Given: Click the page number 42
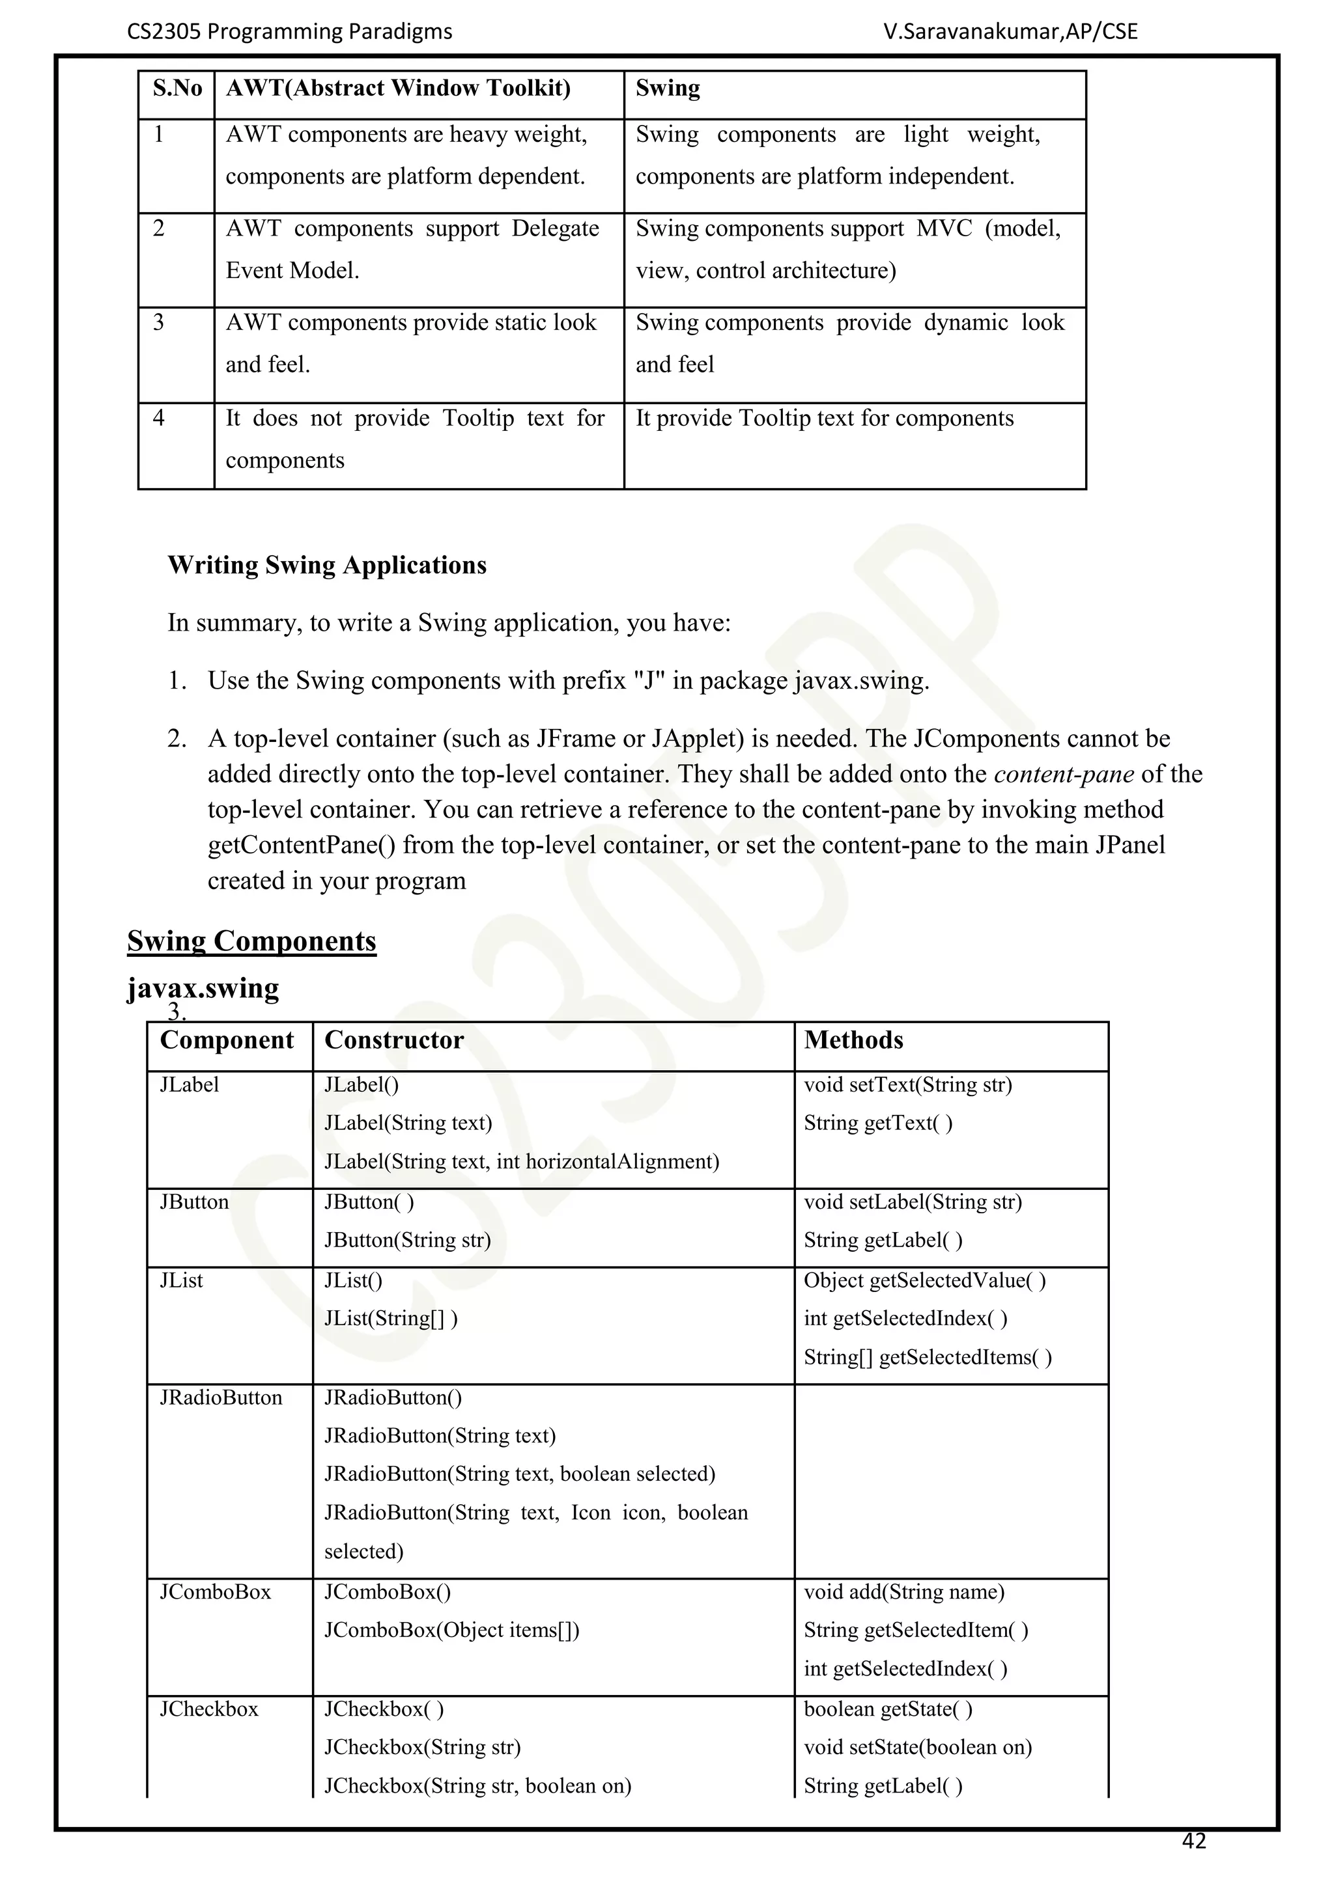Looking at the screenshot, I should pyautogui.click(x=1193, y=1841).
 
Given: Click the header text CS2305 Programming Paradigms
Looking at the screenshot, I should pyautogui.click(x=290, y=32).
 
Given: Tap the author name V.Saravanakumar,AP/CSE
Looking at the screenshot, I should pyautogui.click(x=1010, y=32).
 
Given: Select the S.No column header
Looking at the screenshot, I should pyautogui.click(x=177, y=88).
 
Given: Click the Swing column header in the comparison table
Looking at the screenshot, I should pyautogui.click(x=668, y=88).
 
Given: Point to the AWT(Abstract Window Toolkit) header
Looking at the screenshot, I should pyautogui.click(x=399, y=88).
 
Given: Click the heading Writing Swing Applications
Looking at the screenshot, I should pyautogui.click(x=327, y=566).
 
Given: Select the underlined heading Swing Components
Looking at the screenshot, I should pyautogui.click(x=251, y=941).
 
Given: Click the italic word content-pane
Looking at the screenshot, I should pyautogui.click(x=1064, y=774).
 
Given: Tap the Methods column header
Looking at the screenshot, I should pyautogui.click(x=853, y=1040).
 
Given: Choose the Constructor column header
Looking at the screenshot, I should pyautogui.click(x=394, y=1040).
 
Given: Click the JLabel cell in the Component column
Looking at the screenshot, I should pyautogui.click(x=190, y=1085).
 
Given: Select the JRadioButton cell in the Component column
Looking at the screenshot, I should pyautogui.click(x=221, y=1398).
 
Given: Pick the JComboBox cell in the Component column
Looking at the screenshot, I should pyautogui.click(x=215, y=1593).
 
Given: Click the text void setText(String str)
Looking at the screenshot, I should pyautogui.click(x=907, y=1085).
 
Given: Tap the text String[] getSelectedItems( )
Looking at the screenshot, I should pyautogui.click(x=928, y=1358).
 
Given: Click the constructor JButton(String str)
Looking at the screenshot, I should pyautogui.click(x=407, y=1241).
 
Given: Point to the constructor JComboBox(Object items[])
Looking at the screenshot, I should pyautogui.click(x=452, y=1630).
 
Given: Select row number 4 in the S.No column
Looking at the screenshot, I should pyautogui.click(x=158, y=419).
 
